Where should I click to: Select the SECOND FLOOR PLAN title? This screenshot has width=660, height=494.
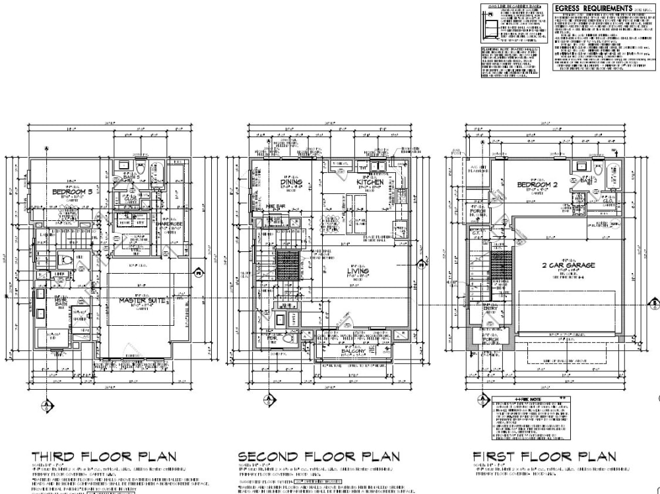click(x=318, y=456)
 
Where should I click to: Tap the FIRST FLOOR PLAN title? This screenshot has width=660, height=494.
click(x=544, y=456)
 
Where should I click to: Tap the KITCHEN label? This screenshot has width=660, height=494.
click(x=370, y=181)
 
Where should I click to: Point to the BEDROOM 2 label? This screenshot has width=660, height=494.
click(x=537, y=185)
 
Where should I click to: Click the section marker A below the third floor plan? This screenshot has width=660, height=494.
click(x=46, y=404)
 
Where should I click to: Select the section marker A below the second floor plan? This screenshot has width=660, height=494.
click(x=269, y=399)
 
